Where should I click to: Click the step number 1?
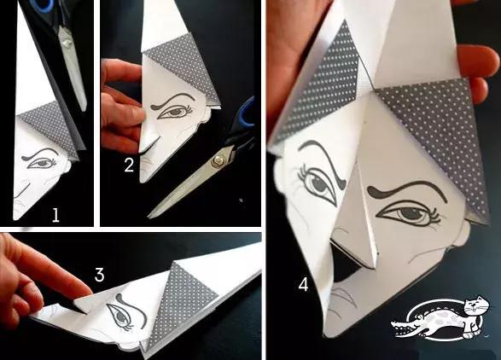coord(55,215)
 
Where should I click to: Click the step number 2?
coord(129,165)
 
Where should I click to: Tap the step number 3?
coord(99,275)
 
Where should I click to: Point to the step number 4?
coord(303,284)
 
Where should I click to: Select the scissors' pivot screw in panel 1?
coord(67,43)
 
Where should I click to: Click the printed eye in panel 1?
coord(42,163)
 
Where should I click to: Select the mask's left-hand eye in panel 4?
coord(317,184)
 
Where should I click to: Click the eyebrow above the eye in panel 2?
coord(172,100)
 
